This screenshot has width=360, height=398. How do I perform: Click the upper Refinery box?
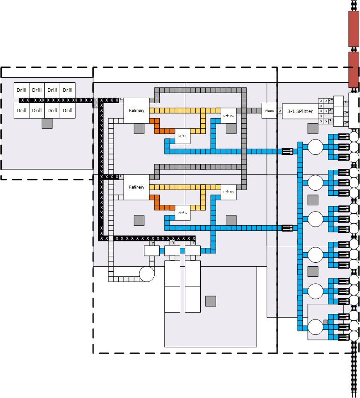tap(137, 110)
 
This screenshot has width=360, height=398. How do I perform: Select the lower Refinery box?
tap(137, 187)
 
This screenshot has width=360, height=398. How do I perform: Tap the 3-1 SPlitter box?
tap(300, 111)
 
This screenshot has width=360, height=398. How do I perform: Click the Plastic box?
tap(269, 110)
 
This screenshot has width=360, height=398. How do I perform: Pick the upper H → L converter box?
tap(182, 136)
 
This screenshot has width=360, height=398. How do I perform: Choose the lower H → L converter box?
tap(182, 212)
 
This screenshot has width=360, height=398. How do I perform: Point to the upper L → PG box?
tap(228, 116)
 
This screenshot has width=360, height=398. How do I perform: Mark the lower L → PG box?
tap(228, 192)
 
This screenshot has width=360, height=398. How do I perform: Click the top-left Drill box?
tap(22, 90)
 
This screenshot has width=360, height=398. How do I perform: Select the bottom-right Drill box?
tap(67, 110)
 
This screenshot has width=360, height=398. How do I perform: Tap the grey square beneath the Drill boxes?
tap(47, 123)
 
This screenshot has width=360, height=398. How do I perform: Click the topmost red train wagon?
tap(354, 28)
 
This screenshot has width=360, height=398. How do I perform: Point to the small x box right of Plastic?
tap(280, 111)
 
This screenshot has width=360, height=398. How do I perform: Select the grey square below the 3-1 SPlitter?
tap(313, 128)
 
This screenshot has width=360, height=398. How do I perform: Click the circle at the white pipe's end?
tap(146, 274)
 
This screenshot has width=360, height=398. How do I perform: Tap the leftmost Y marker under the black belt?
tap(152, 243)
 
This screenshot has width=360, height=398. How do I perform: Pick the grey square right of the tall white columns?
tap(211, 301)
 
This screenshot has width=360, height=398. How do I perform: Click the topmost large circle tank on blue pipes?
tap(316, 147)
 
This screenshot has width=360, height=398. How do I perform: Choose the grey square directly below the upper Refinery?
tap(139, 128)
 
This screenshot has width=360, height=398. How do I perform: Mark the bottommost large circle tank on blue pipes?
tap(316, 327)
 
